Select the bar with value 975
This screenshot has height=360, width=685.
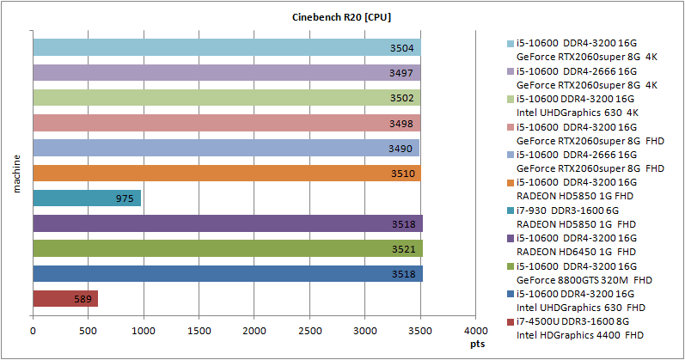[86, 198]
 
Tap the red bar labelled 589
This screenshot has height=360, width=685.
[64, 299]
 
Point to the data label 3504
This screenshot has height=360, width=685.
[402, 48]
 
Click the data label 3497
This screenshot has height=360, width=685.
[402, 74]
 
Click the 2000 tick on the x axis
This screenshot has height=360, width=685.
[254, 330]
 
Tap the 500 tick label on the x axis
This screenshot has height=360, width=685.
[88, 330]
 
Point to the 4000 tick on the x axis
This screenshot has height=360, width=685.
[475, 330]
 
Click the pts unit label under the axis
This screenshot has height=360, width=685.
[477, 342]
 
